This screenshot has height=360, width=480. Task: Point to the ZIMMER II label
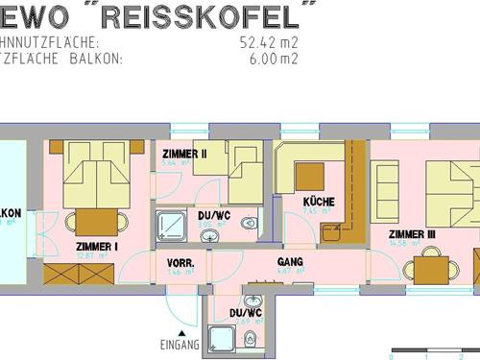point(185,154)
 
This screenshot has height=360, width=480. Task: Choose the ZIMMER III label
point(412,233)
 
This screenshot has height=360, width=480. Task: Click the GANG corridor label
point(290,261)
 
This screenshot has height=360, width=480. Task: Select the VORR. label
point(180,262)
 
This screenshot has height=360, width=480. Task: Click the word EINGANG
point(180,345)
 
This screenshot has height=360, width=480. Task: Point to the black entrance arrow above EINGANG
point(180,332)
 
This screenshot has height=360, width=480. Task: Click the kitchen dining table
point(310,176)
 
